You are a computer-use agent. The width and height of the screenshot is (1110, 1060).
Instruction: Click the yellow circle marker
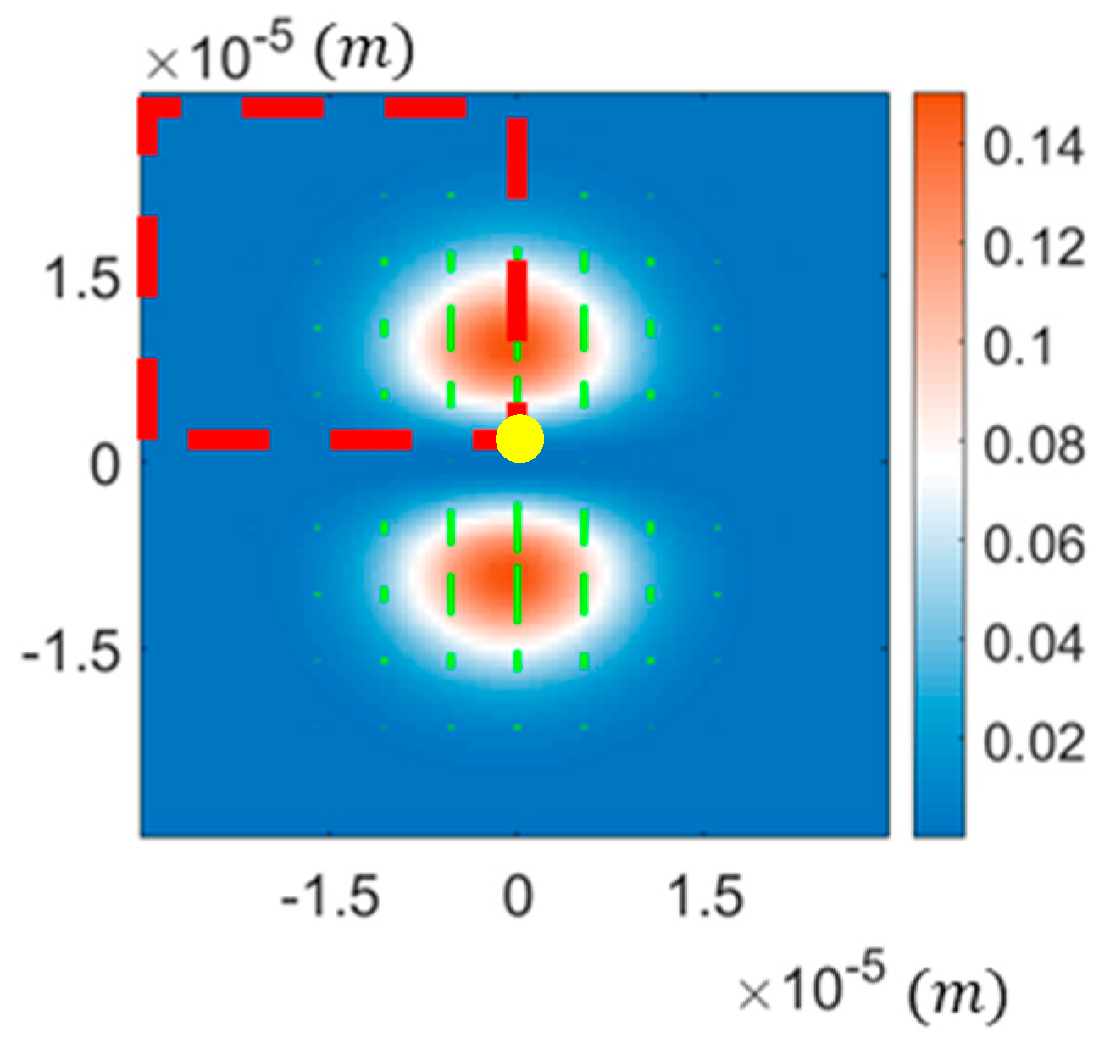(519, 439)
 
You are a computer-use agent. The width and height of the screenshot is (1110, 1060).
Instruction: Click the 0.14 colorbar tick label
(1033, 146)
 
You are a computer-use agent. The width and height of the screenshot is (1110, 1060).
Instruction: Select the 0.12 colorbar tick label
(1033, 247)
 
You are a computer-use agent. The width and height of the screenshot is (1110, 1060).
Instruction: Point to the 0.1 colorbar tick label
(1017, 347)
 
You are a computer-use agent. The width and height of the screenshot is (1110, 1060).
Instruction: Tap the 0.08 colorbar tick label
(1033, 444)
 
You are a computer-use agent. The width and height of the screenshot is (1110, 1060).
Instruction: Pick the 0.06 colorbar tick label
(1033, 543)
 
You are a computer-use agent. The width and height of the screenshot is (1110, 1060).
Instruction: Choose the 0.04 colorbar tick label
(1033, 642)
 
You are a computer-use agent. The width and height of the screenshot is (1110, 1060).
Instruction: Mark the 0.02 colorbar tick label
(1033, 742)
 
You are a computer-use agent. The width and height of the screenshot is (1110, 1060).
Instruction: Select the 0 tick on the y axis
(106, 464)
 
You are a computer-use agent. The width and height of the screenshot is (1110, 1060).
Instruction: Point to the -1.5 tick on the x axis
(330, 896)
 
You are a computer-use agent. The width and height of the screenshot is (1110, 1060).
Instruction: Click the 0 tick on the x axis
(517, 896)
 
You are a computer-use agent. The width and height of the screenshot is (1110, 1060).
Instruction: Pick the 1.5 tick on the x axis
(707, 896)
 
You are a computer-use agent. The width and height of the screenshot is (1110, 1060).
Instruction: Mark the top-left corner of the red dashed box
(148, 108)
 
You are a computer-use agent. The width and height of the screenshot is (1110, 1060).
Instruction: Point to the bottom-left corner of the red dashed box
(148, 439)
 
